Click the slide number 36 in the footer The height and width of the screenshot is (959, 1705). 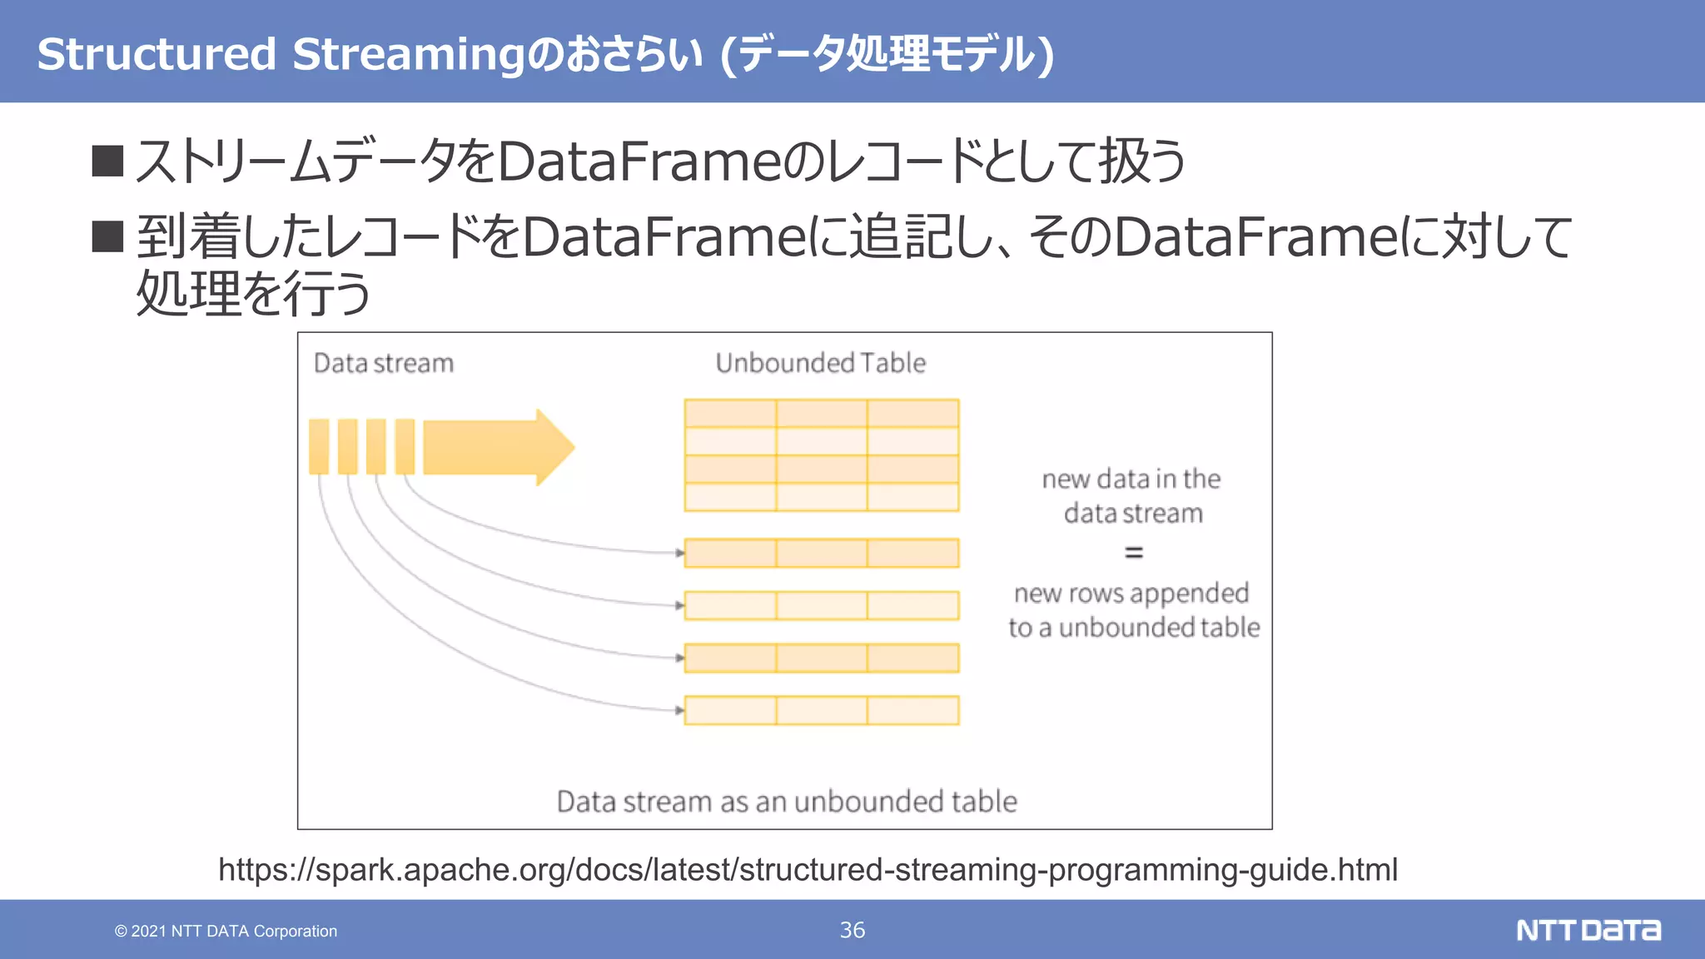pos(852,930)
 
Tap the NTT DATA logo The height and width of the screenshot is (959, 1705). pos(1588,930)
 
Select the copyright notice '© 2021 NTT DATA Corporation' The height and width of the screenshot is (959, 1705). pos(226,931)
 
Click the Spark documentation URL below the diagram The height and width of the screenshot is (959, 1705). pos(808,869)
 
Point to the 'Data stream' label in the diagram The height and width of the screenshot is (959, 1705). pos(384,363)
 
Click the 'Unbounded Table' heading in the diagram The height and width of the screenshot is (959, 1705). pos(820,363)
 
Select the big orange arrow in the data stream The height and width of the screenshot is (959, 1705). pos(498,447)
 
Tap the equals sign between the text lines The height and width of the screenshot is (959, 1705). pos(1133,552)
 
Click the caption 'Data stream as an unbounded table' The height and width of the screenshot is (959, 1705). pos(787,801)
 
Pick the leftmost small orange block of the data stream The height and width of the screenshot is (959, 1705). pos(319,447)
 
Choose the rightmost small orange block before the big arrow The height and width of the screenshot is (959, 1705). pos(405,447)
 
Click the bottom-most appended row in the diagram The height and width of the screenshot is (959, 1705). pos(821,710)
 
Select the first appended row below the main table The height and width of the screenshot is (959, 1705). pos(821,553)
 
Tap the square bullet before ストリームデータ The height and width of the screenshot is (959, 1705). pos(107,161)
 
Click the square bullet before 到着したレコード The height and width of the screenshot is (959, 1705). pos(107,236)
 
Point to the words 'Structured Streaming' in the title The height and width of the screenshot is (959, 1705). pos(281,54)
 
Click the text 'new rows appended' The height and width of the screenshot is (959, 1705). pos(1131,593)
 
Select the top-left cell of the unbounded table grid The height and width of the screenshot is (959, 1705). pos(730,414)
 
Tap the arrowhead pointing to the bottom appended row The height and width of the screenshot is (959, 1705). pos(679,710)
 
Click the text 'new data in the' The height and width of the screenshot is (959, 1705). pos(1131,479)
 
